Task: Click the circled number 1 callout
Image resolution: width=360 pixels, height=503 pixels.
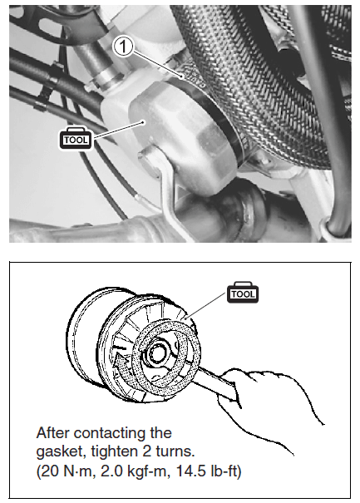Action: [x=125, y=49]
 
